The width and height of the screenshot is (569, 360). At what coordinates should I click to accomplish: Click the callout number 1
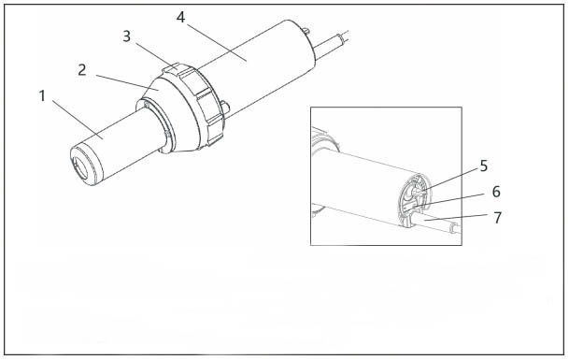(x=42, y=96)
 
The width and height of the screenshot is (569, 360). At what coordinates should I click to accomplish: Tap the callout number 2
(x=82, y=70)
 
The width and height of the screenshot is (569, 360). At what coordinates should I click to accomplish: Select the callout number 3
(x=126, y=36)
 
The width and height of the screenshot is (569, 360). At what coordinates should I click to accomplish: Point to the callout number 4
(x=180, y=17)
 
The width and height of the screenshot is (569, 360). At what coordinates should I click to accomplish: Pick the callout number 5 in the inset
(x=483, y=166)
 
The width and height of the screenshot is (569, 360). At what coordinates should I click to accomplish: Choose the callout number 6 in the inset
(x=496, y=192)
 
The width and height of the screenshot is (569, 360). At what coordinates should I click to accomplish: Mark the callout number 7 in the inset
(x=497, y=218)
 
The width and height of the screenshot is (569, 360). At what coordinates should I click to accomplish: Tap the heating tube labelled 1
(x=116, y=145)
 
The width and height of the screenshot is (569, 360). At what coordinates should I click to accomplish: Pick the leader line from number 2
(x=127, y=82)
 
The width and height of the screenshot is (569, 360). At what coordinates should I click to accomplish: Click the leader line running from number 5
(x=450, y=180)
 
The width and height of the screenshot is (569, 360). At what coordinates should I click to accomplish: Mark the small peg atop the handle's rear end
(x=306, y=31)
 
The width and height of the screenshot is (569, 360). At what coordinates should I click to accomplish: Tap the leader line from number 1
(x=78, y=120)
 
